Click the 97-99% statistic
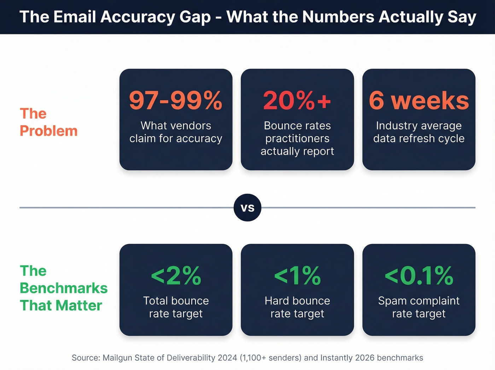[176, 101]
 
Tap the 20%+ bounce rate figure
[297, 101]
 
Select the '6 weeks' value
[419, 101]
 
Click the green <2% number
[176, 276]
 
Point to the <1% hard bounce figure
[297, 276]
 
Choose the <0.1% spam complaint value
[419, 276]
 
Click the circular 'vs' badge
[248, 208]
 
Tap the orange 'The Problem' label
[48, 122]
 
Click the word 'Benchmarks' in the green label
[64, 288]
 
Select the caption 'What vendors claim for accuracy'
[176, 132]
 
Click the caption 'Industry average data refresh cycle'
[419, 132]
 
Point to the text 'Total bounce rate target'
[176, 307]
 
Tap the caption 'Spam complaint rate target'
[419, 307]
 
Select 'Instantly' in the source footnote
[337, 358]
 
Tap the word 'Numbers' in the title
[338, 17]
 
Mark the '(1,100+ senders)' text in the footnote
[270, 358]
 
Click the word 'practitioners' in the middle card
[297, 138]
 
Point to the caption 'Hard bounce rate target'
[297, 307]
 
